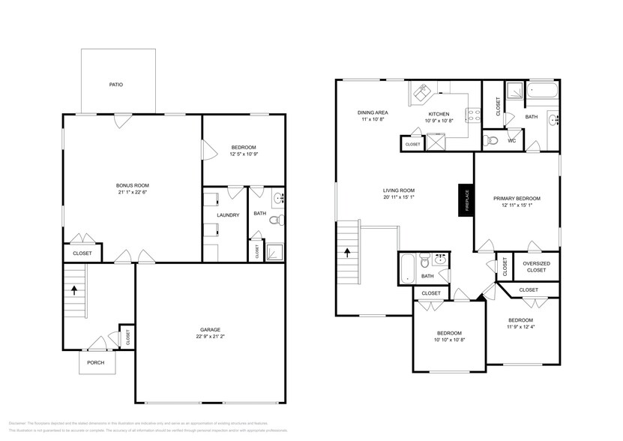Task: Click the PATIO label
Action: click(117, 84)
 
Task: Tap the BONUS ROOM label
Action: click(132, 185)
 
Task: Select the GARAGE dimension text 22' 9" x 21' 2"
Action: click(209, 336)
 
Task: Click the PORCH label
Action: click(95, 363)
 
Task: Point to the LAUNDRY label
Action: click(228, 215)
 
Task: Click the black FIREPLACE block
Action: click(464, 201)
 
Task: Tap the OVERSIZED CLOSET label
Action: click(536, 267)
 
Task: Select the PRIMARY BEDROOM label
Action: click(516, 198)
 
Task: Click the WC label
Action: click(512, 140)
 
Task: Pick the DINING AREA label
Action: click(372, 112)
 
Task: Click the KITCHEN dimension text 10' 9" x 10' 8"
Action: click(439, 121)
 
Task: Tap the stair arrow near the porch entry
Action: click(74, 287)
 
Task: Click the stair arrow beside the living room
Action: click(347, 253)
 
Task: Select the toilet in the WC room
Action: click(491, 139)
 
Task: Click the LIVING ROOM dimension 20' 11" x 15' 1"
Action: click(398, 198)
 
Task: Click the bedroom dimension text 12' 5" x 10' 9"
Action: click(244, 154)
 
